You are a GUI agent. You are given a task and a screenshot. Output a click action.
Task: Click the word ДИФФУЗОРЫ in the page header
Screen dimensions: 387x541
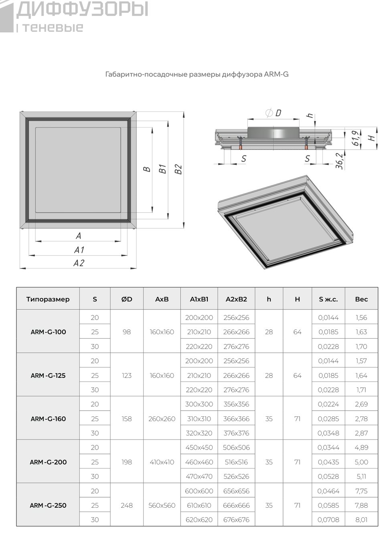(82, 9)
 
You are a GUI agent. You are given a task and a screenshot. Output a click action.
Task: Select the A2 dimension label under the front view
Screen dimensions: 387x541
(79, 263)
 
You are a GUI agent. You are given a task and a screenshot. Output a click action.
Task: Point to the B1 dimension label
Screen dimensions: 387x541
(163, 169)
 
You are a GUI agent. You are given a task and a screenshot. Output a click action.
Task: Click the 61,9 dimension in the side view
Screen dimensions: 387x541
(355, 138)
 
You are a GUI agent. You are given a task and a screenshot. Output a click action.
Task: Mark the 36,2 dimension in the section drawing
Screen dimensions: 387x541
(339, 161)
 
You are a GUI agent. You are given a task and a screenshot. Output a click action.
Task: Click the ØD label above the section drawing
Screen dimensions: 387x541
(273, 113)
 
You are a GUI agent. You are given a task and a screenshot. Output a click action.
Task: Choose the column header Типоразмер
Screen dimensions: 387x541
(48, 299)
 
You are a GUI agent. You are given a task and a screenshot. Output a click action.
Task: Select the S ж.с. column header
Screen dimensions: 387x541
(328, 299)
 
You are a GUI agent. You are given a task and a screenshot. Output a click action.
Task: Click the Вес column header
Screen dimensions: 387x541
(361, 299)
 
